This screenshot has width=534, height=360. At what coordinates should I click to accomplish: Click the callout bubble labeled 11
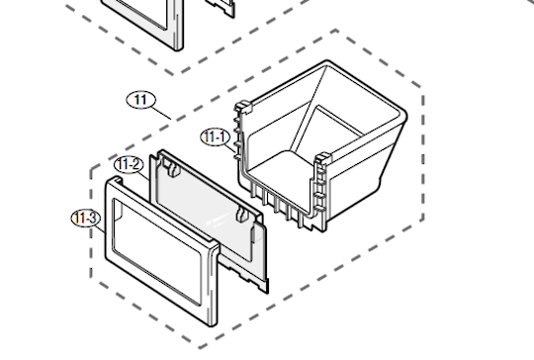point(141,99)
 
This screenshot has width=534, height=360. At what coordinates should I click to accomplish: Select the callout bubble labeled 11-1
point(215,136)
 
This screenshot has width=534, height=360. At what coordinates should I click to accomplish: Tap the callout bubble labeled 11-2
point(129,164)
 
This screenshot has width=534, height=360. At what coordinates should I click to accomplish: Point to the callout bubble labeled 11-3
point(84,218)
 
